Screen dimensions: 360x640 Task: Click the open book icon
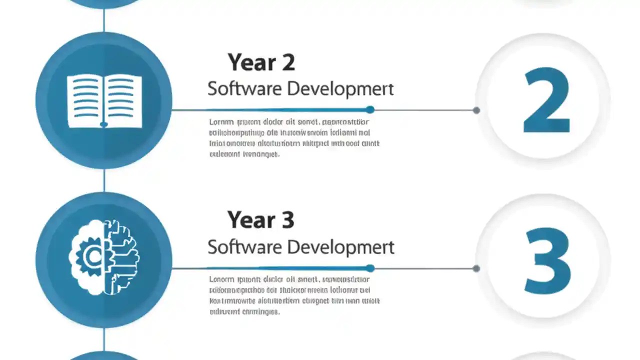[x=104, y=101]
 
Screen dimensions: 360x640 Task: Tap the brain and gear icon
[x=104, y=257]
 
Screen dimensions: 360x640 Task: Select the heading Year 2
[x=261, y=63]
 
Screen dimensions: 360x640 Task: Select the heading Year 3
[x=260, y=220]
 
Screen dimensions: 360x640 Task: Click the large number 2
[x=546, y=101]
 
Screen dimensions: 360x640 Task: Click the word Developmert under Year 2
[x=340, y=89]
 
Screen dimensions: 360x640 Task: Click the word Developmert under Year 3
[x=340, y=247]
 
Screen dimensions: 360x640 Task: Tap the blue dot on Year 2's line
[x=370, y=109]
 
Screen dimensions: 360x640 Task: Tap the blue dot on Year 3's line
[x=370, y=268]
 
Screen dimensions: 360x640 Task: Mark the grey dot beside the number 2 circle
[x=476, y=110]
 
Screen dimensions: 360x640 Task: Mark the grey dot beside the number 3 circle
[x=476, y=268]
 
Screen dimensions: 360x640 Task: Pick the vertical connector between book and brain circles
[x=104, y=180]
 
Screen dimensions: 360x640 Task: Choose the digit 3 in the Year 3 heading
[x=287, y=220]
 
